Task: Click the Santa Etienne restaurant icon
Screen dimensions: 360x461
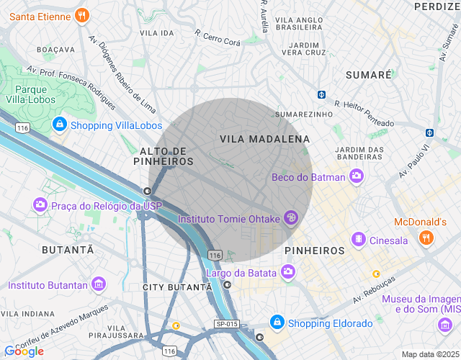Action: click(83, 14)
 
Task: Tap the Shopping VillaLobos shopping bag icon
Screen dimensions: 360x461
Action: click(59, 125)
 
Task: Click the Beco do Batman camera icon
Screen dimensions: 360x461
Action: click(356, 176)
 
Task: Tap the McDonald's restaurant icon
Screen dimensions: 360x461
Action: click(427, 237)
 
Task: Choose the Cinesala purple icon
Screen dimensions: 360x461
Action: click(358, 239)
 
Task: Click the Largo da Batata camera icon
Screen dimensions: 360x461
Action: click(288, 271)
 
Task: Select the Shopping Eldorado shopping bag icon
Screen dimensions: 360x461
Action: click(276, 322)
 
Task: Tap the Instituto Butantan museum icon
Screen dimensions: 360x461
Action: click(99, 285)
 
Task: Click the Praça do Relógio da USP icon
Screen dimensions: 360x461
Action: click(40, 206)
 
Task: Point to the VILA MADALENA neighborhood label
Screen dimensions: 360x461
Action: click(264, 138)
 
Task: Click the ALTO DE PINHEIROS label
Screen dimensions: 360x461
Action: click(164, 156)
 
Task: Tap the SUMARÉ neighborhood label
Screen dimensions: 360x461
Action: click(368, 75)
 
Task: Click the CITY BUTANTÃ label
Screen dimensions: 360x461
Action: click(177, 287)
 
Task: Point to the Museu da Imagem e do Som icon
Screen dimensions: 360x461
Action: click(444, 326)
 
